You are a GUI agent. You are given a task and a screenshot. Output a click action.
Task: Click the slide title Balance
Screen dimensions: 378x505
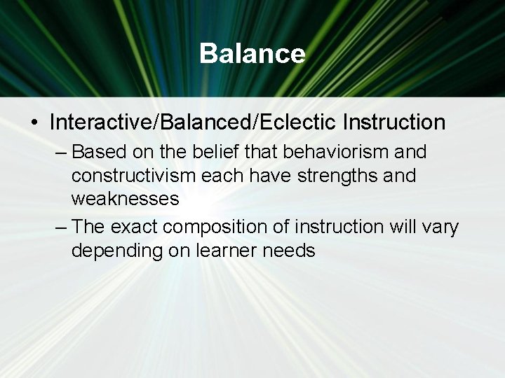click(x=252, y=54)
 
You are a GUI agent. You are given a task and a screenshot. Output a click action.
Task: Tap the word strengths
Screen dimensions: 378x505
click(x=330, y=175)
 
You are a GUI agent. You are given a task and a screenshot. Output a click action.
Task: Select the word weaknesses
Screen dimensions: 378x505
click(x=125, y=199)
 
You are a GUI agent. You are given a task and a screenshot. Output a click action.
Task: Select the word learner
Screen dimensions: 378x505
click(x=228, y=251)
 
